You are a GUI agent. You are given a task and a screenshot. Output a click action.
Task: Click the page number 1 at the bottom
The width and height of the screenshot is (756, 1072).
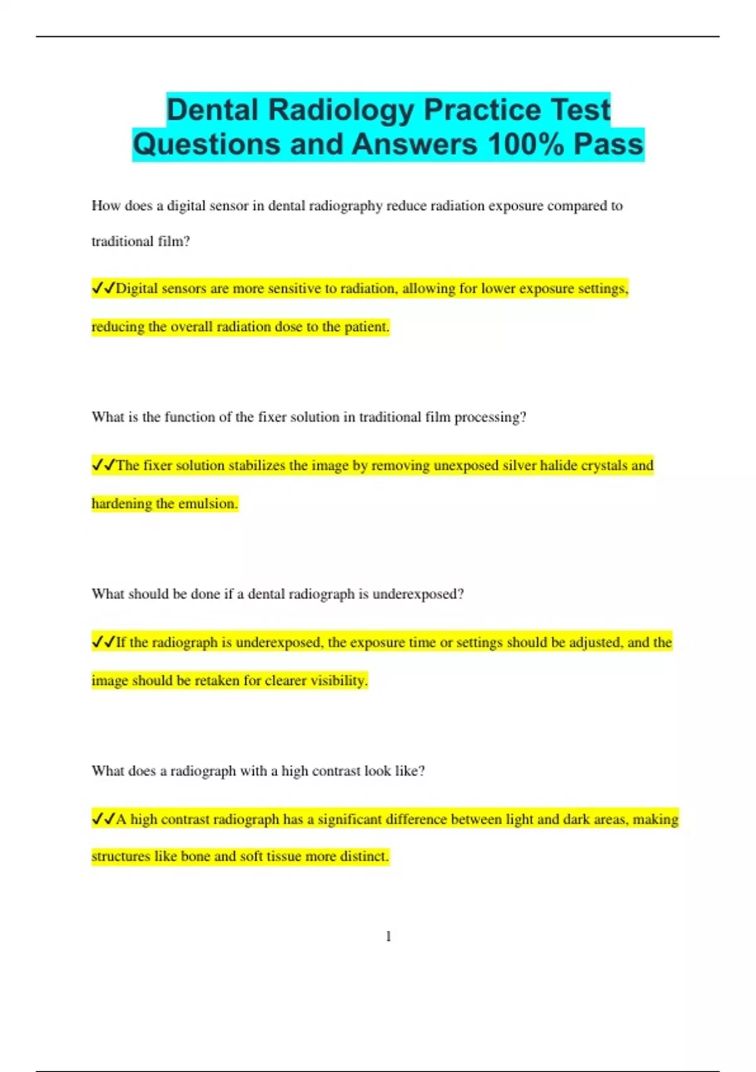coord(388,936)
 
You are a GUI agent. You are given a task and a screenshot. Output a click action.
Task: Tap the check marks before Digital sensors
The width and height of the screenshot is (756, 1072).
coord(103,288)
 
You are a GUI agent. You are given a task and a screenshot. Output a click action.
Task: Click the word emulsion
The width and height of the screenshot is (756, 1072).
coord(208,504)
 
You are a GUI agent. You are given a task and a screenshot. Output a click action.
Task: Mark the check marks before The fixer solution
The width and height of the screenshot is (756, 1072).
coord(103,465)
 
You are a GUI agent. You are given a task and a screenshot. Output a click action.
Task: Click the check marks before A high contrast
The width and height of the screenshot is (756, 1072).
coord(103,819)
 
